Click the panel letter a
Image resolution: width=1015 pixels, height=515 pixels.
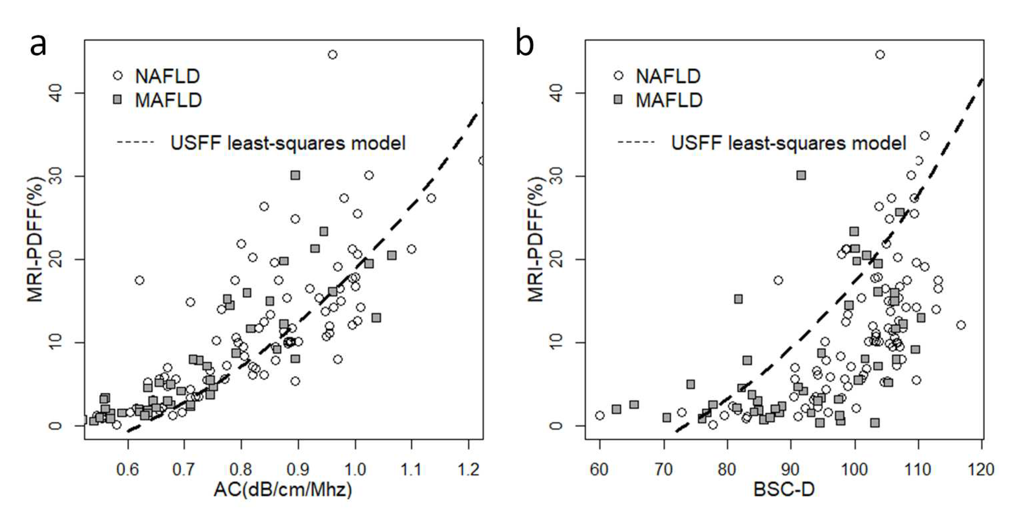(x=38, y=45)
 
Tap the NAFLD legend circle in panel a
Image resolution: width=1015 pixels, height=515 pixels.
(x=117, y=76)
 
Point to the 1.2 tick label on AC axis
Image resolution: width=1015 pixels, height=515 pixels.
(x=469, y=469)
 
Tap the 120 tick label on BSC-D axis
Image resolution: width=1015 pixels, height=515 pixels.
(x=981, y=469)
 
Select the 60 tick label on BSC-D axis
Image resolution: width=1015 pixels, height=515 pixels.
(x=599, y=469)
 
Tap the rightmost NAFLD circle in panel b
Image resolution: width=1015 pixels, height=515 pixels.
(x=961, y=325)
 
